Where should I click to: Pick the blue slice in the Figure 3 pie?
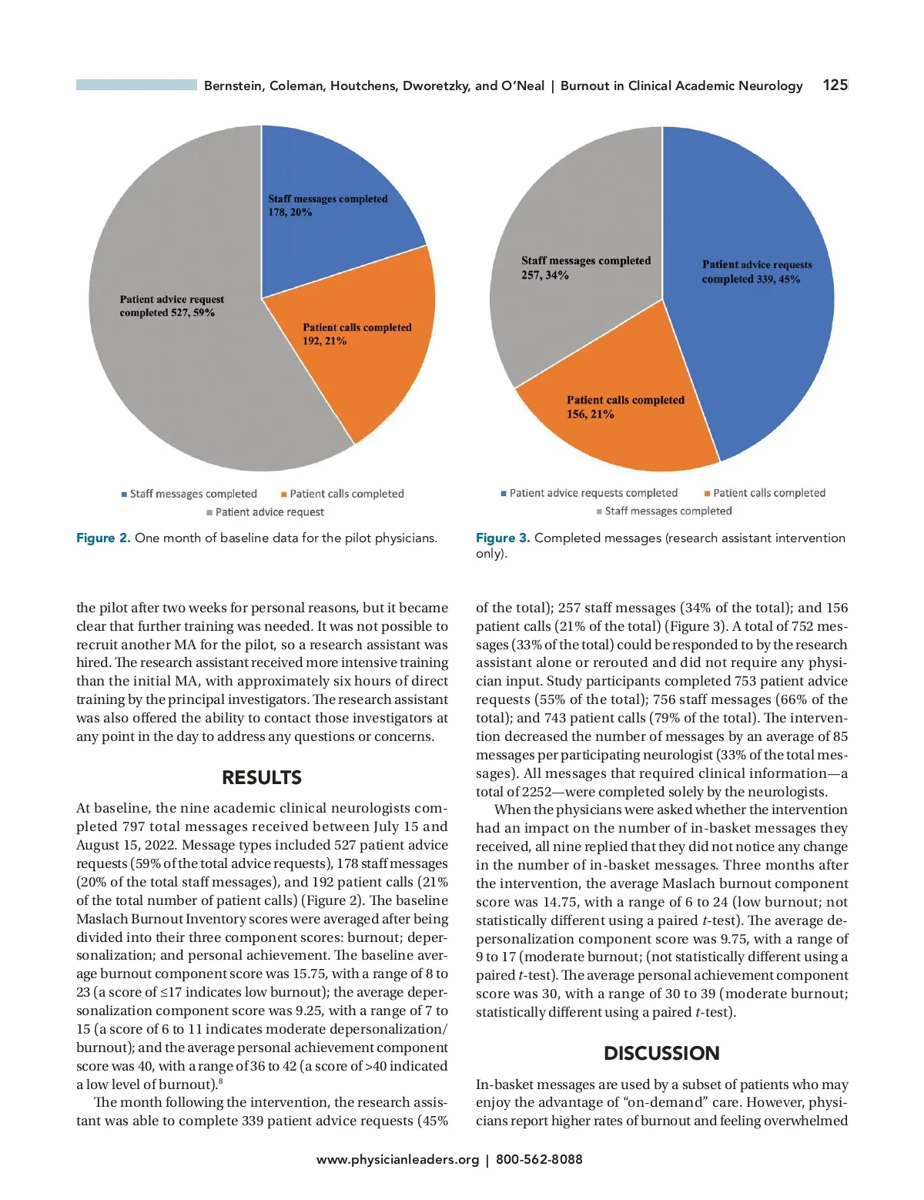pos(755,347)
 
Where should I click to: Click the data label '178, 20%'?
pos(290,213)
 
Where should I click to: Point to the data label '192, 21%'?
pos(324,341)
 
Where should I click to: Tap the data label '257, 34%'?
pos(545,275)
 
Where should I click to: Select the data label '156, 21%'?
pos(591,414)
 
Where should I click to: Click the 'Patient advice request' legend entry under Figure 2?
pos(265,512)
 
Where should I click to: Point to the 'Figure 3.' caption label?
pos(503,538)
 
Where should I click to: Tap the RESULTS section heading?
pos(262,777)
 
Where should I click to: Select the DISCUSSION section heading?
pos(661,1053)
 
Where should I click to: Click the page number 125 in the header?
pos(835,85)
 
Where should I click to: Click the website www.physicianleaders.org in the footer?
pos(397,1159)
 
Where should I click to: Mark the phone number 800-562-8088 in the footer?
pos(539,1159)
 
